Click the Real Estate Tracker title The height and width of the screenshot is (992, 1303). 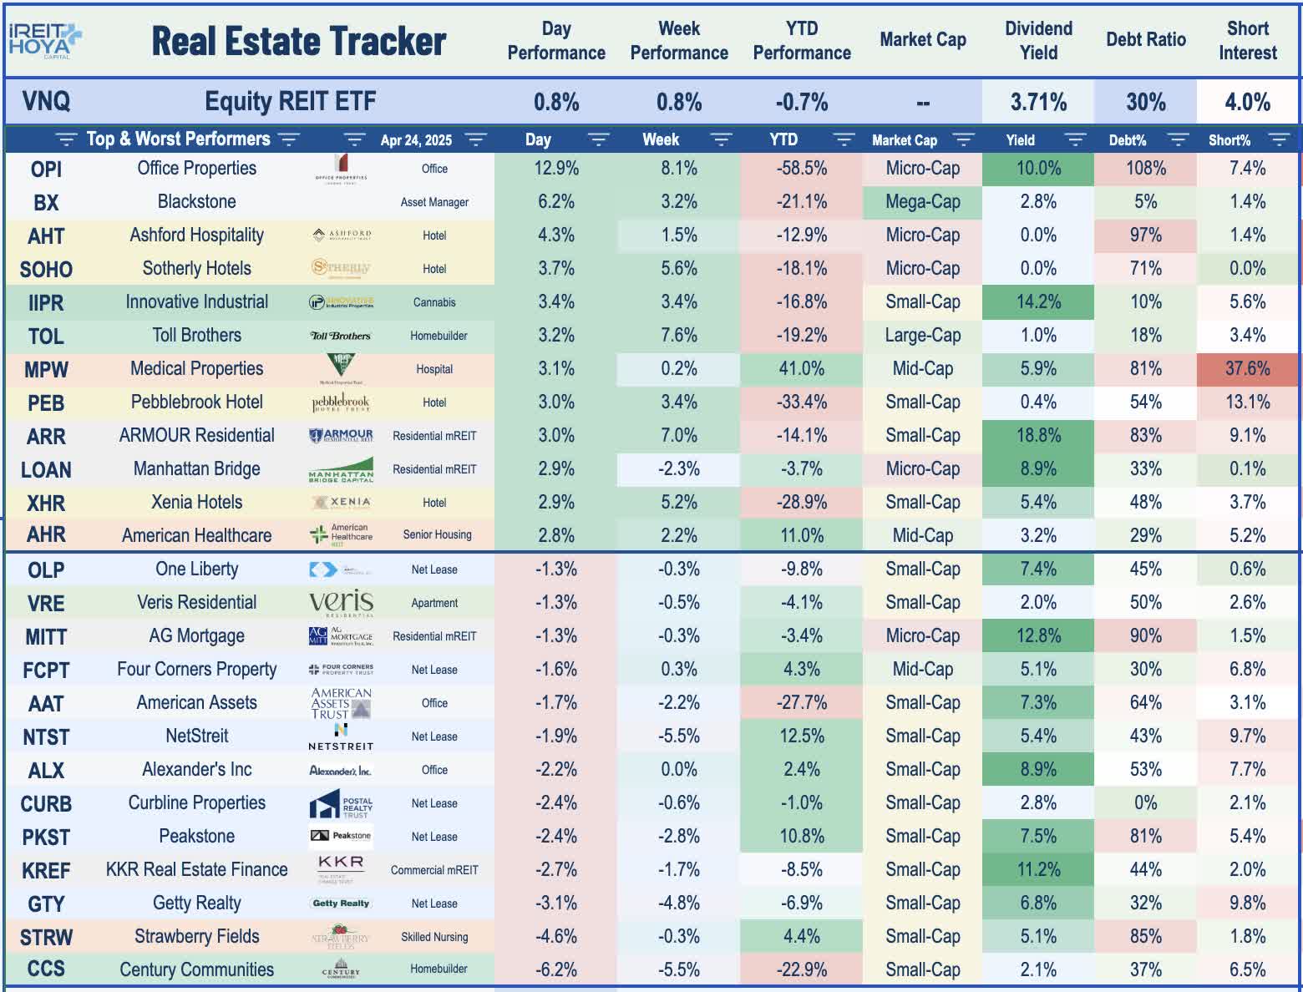(x=298, y=42)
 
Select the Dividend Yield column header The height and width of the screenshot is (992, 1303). (x=1038, y=40)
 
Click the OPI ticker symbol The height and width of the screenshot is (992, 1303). (x=46, y=170)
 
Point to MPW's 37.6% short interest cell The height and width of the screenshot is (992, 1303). (x=1247, y=369)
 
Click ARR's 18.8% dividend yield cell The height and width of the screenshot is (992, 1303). (x=1038, y=436)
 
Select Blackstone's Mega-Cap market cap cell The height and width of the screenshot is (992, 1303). (x=922, y=202)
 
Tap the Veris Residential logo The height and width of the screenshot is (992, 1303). (x=341, y=602)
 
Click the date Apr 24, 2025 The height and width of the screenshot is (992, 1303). (x=416, y=140)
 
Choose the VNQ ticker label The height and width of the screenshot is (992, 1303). (x=46, y=102)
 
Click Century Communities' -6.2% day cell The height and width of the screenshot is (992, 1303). (x=556, y=969)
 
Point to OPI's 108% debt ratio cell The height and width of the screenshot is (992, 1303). (x=1145, y=169)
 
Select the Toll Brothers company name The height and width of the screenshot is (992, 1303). (x=196, y=336)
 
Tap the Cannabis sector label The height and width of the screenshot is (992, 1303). (x=434, y=302)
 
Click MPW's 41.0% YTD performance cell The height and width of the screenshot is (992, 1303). (x=801, y=369)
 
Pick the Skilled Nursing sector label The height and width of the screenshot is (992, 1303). (x=434, y=937)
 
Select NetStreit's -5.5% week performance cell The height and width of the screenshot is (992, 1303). (x=678, y=736)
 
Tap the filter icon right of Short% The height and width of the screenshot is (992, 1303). (x=1278, y=139)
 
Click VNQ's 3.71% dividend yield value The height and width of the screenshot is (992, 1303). (x=1038, y=103)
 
